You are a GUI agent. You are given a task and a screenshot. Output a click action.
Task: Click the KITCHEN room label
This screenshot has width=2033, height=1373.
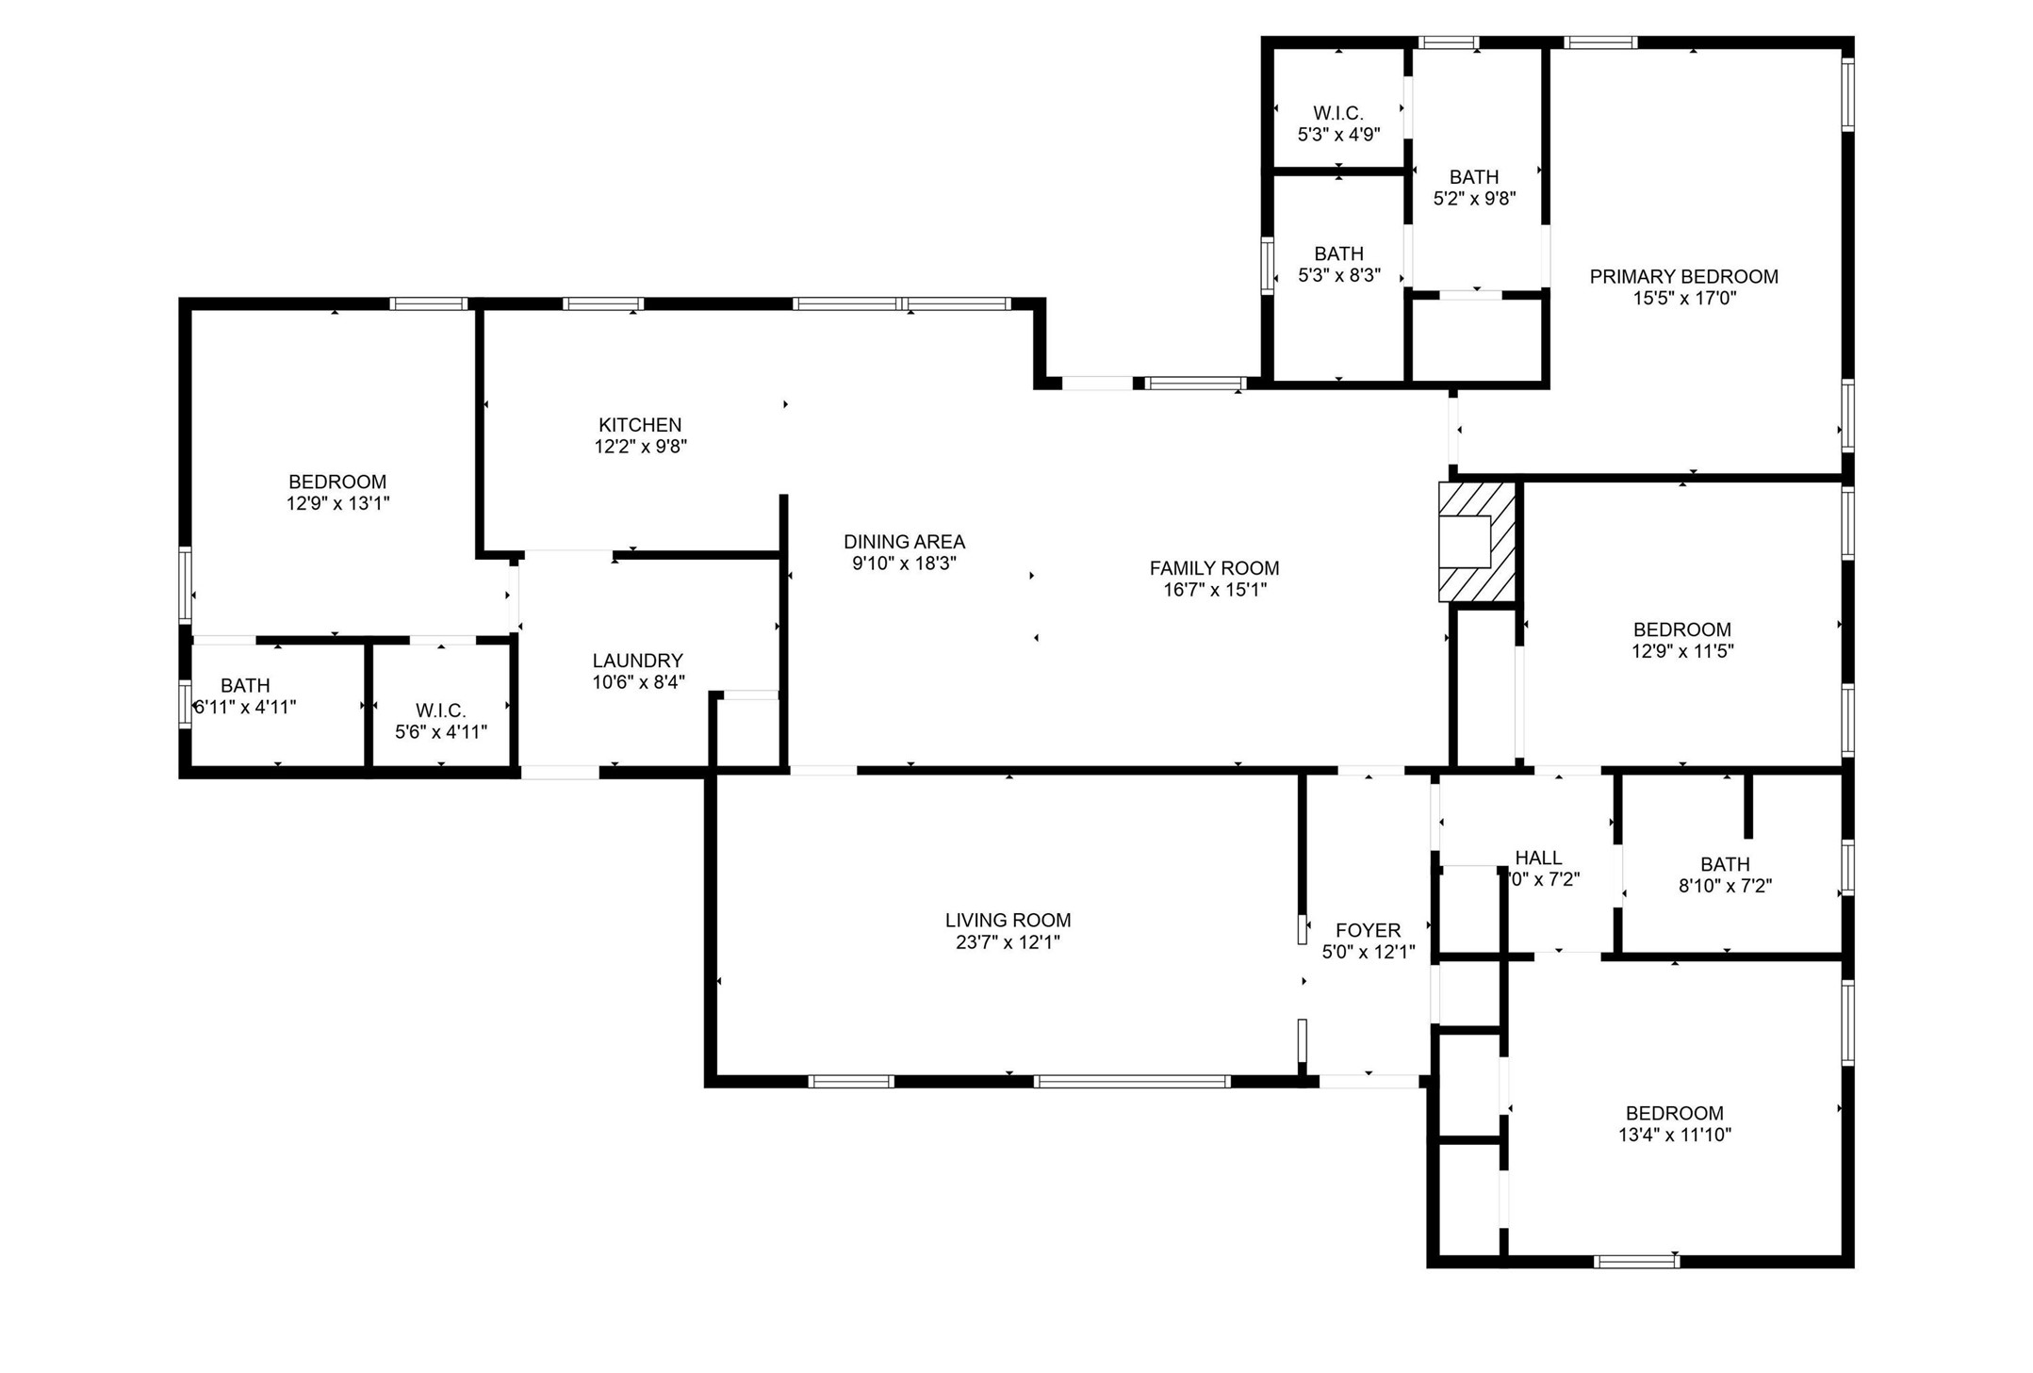(x=640, y=425)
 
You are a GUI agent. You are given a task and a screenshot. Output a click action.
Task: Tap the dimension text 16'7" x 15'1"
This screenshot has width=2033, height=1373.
(x=1214, y=590)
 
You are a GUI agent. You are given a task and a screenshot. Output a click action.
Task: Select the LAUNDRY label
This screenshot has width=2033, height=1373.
(x=637, y=661)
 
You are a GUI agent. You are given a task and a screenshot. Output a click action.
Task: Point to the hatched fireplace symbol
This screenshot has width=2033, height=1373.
(x=1476, y=542)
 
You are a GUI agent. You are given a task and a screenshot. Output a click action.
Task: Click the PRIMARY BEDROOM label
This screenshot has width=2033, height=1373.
(x=1683, y=276)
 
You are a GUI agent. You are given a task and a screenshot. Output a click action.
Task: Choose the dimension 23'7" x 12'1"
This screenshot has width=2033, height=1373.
(x=1008, y=942)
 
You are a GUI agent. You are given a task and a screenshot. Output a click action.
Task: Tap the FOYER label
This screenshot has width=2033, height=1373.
(x=1368, y=930)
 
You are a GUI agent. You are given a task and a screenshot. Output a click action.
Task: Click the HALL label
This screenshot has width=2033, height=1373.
(x=1538, y=858)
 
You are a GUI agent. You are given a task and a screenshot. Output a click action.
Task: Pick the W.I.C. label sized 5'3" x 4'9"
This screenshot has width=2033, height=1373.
(x=1338, y=113)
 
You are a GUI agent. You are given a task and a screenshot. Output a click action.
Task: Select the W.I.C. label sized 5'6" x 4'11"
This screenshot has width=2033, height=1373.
(x=440, y=711)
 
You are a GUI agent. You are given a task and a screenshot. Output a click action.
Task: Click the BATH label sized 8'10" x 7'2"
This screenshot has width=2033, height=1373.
(x=1725, y=864)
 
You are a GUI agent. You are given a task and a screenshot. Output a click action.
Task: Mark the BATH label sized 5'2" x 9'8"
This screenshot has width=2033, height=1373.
(x=1474, y=177)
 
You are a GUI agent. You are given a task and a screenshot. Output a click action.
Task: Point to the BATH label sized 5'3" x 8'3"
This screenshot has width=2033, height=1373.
(x=1338, y=253)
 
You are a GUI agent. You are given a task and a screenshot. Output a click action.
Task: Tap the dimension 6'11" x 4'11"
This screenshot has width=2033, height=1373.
(x=245, y=707)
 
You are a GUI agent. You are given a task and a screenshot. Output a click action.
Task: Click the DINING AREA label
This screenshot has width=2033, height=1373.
(x=904, y=542)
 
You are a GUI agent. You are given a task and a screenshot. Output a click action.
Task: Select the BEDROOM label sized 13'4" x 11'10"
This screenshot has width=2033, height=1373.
(x=1674, y=1113)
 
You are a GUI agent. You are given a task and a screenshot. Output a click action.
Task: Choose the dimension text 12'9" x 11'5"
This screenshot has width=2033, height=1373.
(x=1682, y=651)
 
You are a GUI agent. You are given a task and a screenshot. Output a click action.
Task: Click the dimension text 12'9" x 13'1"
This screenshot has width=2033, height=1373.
(x=337, y=503)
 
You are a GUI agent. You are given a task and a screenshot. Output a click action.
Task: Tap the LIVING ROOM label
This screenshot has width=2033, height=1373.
(x=1008, y=920)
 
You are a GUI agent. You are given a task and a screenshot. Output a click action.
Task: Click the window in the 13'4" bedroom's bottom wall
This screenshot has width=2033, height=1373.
(x=1636, y=1261)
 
